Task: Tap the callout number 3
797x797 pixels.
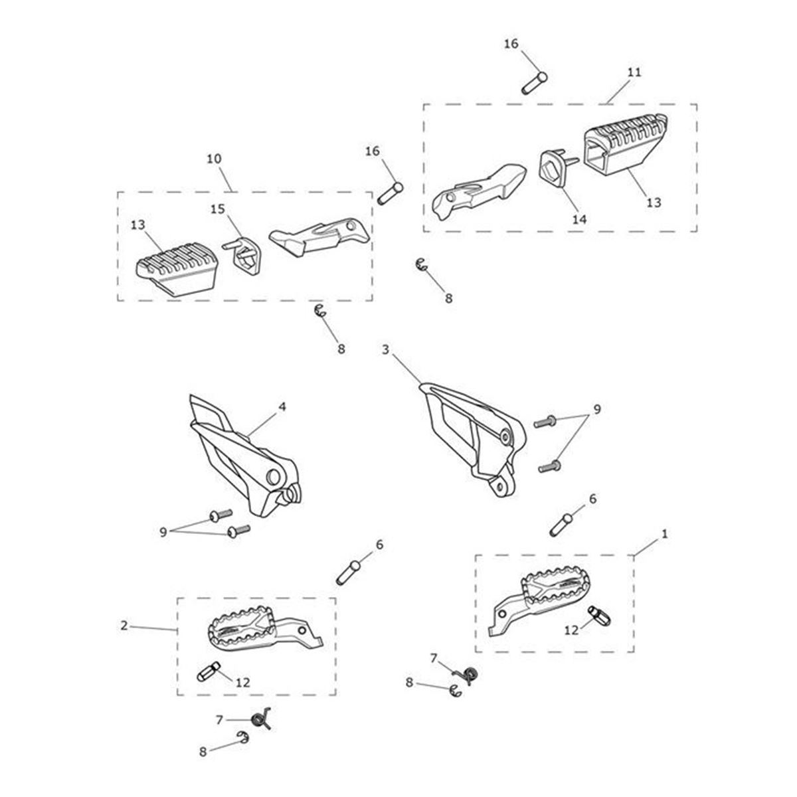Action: click(385, 349)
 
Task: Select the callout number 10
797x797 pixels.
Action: click(214, 159)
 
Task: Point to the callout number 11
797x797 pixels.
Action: click(634, 72)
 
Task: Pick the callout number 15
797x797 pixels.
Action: click(217, 210)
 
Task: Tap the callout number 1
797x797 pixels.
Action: click(665, 533)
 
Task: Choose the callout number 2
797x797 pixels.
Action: click(124, 625)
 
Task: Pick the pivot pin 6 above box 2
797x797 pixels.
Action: click(349, 572)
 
